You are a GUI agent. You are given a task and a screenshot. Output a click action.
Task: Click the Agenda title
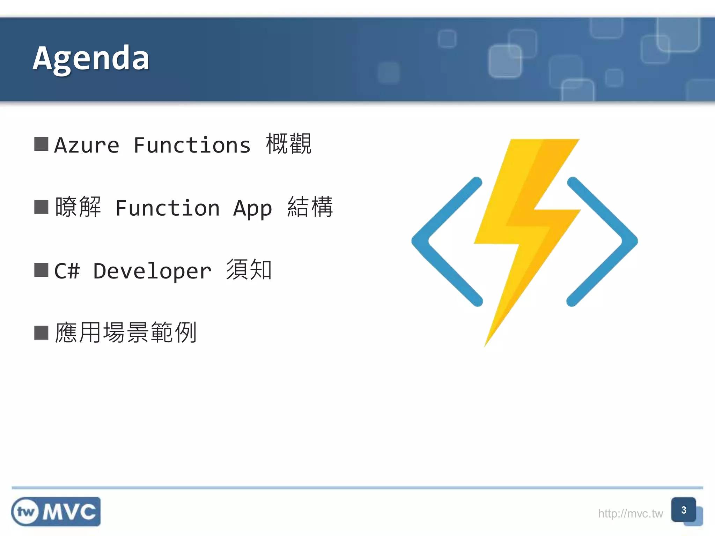tap(91, 59)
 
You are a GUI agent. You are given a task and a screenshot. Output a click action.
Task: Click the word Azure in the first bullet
tap(87, 145)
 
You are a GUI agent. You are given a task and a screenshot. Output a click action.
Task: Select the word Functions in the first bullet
tap(192, 145)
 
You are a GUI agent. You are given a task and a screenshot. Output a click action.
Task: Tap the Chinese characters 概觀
tap(288, 144)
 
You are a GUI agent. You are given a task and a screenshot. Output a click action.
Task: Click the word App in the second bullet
tap(252, 209)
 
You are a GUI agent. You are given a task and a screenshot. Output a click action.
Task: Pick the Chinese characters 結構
tap(310, 207)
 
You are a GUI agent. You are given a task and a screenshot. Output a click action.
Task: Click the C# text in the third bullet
tap(67, 271)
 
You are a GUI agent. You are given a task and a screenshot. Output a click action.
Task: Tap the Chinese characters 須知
tap(249, 270)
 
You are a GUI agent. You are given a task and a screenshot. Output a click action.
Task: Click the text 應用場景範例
tap(126, 333)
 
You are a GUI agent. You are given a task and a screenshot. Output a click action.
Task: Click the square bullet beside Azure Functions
tap(41, 144)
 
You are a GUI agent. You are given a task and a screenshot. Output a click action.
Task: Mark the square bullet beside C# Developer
tap(41, 270)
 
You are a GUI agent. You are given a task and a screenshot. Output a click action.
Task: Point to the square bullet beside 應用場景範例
tap(41, 333)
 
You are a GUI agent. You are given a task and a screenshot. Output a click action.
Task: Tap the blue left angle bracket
tap(443, 241)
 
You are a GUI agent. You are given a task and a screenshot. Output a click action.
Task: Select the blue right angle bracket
tap(606, 241)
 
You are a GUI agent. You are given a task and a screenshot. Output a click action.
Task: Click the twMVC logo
tap(56, 512)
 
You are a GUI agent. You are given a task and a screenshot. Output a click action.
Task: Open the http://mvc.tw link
tap(630, 514)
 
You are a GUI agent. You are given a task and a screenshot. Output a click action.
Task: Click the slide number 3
tap(684, 510)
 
